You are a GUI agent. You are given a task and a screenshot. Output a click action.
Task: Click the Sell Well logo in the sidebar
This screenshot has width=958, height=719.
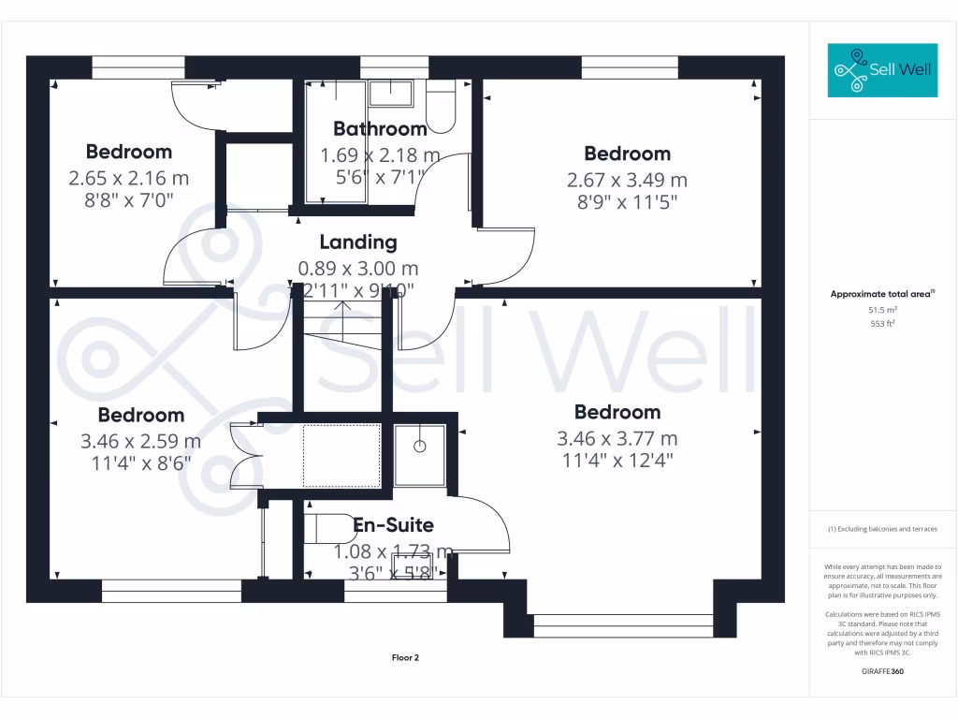882,70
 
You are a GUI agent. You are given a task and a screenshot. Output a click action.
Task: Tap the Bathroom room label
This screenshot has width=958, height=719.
380,129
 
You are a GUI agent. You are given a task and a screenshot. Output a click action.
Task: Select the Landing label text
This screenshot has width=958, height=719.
358,242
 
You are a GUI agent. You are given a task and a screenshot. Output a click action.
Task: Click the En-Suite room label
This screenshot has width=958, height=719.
393,525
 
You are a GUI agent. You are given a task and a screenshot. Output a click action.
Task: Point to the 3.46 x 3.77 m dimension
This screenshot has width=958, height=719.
617,438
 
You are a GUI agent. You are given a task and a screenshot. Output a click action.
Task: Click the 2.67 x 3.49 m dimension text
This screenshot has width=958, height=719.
627,180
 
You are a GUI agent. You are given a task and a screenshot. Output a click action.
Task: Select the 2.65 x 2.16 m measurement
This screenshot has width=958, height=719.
128,177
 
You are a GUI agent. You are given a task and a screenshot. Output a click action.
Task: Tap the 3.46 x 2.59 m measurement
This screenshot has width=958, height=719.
140,441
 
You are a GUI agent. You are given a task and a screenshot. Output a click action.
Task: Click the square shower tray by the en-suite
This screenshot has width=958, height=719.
420,454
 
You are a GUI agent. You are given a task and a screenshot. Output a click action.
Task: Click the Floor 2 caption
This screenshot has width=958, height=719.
405,658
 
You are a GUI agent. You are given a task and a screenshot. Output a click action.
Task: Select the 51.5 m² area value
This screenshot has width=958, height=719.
882,309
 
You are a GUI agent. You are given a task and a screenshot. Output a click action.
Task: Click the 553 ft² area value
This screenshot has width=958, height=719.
882,323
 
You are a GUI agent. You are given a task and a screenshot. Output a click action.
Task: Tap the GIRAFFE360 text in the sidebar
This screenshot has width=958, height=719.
882,671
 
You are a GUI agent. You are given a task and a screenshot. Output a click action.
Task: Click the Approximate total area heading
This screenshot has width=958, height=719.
882,294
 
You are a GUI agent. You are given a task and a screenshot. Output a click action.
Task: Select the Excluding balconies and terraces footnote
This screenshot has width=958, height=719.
882,529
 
